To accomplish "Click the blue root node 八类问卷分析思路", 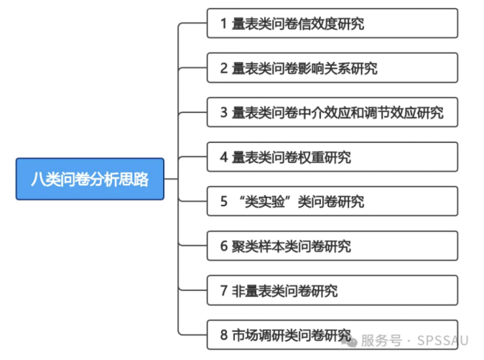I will click(90, 179).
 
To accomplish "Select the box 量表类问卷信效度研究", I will click(332, 23).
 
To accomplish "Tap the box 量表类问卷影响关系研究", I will click(332, 68).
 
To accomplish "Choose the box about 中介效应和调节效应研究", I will click(332, 112).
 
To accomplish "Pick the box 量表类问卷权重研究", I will click(332, 157).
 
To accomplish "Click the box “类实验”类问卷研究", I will click(332, 201).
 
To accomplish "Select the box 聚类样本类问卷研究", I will click(332, 246).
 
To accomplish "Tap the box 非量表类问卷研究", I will click(332, 290).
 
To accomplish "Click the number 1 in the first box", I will click(224, 24).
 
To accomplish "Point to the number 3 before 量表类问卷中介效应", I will click(224, 113).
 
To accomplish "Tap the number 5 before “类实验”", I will click(224, 202).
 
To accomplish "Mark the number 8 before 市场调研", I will click(224, 336).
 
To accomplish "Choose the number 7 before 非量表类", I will click(224, 291).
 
